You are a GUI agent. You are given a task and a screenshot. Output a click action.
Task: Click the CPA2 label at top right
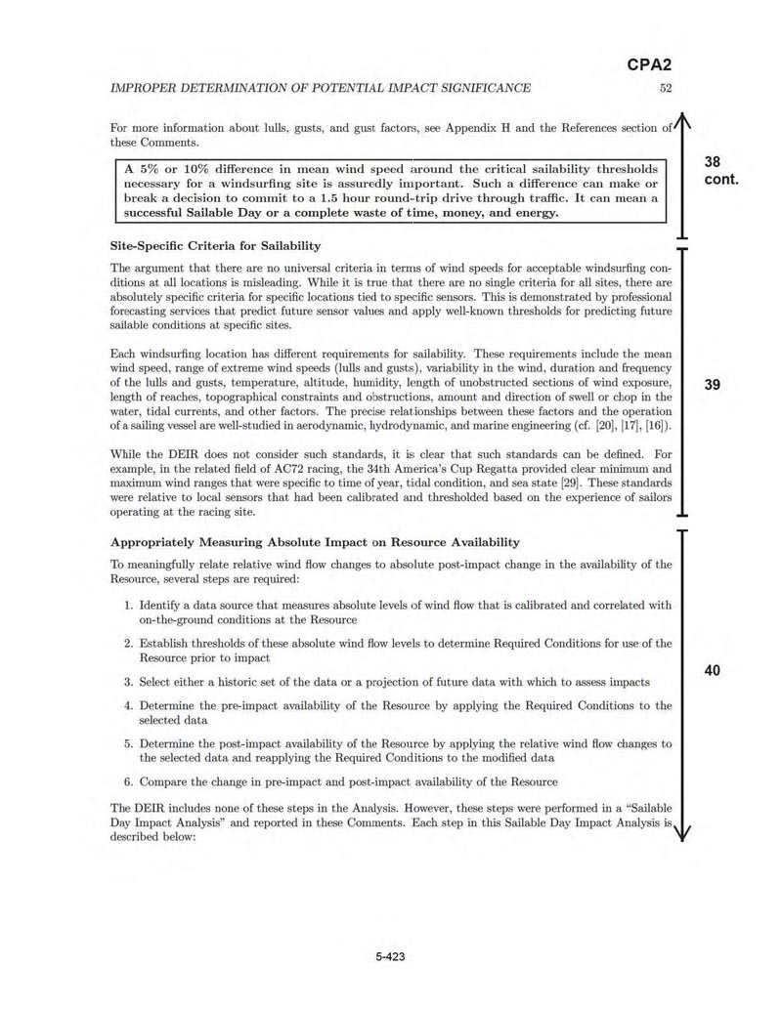click(648, 66)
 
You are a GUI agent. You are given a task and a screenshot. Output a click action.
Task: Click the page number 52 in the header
click(666, 89)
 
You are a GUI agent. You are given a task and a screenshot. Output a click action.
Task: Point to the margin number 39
click(713, 385)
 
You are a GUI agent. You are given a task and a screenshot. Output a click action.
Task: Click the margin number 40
click(713, 670)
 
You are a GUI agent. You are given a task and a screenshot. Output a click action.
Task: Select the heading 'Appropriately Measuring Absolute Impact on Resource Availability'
click(315, 542)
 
